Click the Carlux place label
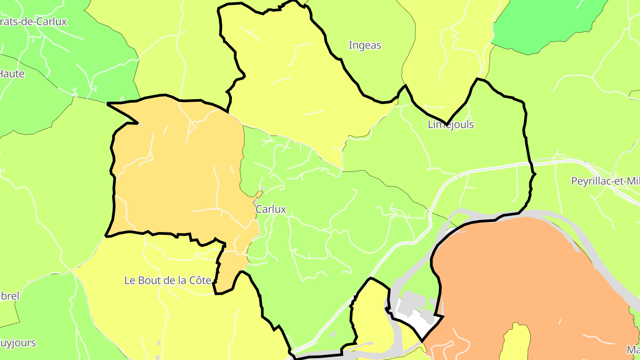coord(271,209)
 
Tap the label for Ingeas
coord(365,45)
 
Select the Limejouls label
coord(451,124)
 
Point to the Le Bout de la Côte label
coord(168,280)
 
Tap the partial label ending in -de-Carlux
coord(33,21)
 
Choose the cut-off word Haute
coord(12,74)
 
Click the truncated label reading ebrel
coord(9,296)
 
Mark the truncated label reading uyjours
coord(18,343)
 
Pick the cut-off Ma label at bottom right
coord(633,349)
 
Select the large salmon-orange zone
coord(524,276)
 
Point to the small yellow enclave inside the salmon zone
coord(516,342)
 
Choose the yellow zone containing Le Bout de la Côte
coord(178,311)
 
